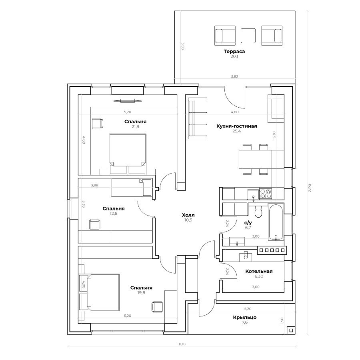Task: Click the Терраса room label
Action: (234, 52)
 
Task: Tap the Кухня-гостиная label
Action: (236, 126)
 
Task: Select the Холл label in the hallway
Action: (188, 215)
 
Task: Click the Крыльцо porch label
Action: (244, 318)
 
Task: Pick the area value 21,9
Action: (135, 126)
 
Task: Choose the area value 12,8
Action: (114, 214)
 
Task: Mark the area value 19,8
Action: (141, 293)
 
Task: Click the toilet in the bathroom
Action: (258, 212)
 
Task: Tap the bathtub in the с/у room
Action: (276, 222)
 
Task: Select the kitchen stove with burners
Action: (266, 194)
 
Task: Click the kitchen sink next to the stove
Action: (253, 194)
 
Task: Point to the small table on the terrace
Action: (248, 36)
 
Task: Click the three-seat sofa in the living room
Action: (198, 118)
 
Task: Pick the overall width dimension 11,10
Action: (182, 344)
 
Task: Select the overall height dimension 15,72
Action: (310, 187)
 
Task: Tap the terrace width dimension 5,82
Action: (235, 76)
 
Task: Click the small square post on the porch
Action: (291, 330)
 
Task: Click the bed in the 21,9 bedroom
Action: (128, 154)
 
